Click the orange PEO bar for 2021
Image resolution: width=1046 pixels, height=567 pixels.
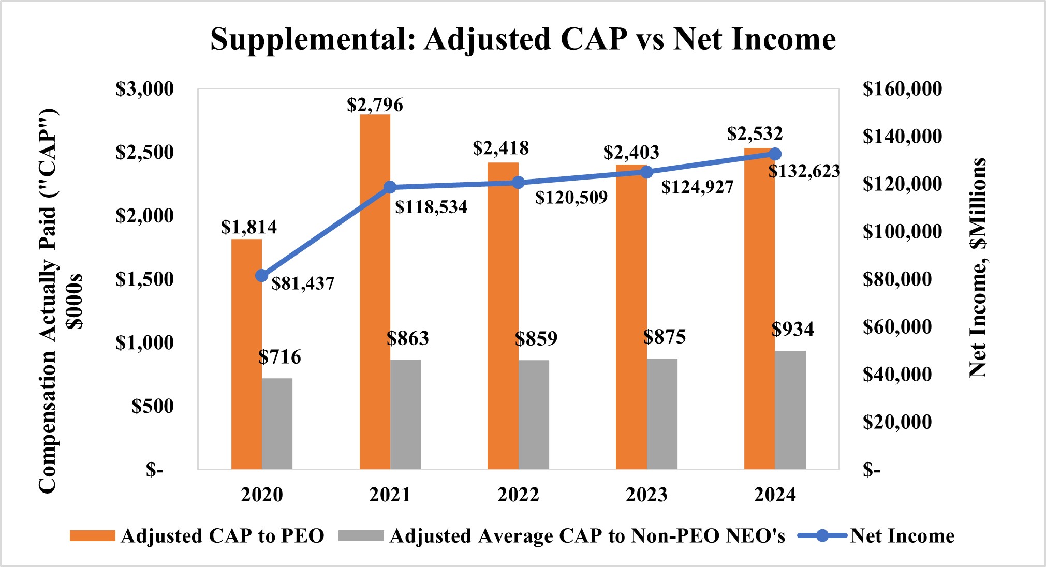(375, 292)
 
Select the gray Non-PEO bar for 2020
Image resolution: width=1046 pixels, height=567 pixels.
(277, 424)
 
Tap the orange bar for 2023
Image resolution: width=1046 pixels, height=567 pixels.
(631, 317)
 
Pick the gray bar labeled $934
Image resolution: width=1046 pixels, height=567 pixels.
(790, 410)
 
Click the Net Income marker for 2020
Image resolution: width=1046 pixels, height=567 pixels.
(262, 276)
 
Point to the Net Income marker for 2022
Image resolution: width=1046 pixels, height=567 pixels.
(518, 183)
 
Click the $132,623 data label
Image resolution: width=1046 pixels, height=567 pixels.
(804, 171)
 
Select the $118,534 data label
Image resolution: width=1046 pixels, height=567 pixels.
(431, 207)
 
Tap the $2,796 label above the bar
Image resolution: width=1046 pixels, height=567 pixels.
(375, 105)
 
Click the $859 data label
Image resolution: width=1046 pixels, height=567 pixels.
(536, 338)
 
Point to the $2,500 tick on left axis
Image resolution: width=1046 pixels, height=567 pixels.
(144, 152)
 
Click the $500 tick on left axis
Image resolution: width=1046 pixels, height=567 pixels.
(152, 406)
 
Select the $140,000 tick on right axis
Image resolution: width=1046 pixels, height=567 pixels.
(902, 136)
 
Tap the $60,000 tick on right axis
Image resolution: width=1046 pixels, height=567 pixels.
(897, 326)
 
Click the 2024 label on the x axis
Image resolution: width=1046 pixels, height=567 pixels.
(774, 495)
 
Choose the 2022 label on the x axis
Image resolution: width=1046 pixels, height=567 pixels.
(518, 495)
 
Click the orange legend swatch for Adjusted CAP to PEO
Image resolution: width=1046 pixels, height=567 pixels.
(93, 536)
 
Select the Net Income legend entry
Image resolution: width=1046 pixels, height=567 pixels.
(902, 536)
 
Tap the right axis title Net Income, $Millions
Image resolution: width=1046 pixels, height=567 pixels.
(978, 267)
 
